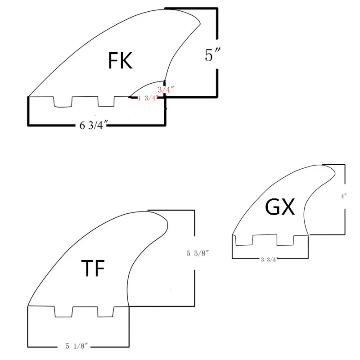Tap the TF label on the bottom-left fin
pyautogui.click(x=92, y=269)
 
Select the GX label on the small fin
pyautogui.click(x=279, y=207)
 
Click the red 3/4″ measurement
pyautogui.click(x=166, y=90)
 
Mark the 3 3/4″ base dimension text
pyautogui.click(x=270, y=259)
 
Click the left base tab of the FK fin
pyautogui.click(x=63, y=102)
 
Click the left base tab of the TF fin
pyautogui.click(x=63, y=312)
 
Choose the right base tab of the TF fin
pyautogui.click(x=106, y=312)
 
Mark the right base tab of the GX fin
pyautogui.click(x=285, y=240)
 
